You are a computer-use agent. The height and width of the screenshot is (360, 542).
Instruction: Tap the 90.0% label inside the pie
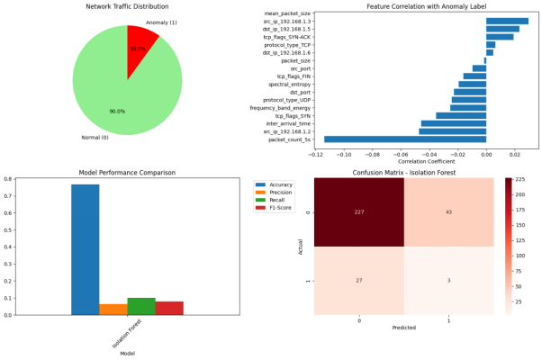[x=118, y=111]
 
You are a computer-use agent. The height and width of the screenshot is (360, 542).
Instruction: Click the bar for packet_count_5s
[x=405, y=139]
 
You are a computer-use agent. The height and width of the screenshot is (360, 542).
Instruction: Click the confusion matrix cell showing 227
[x=359, y=211]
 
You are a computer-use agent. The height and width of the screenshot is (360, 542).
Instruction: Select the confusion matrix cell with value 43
[x=448, y=211]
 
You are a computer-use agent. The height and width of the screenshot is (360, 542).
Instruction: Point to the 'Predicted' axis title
[x=403, y=328]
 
